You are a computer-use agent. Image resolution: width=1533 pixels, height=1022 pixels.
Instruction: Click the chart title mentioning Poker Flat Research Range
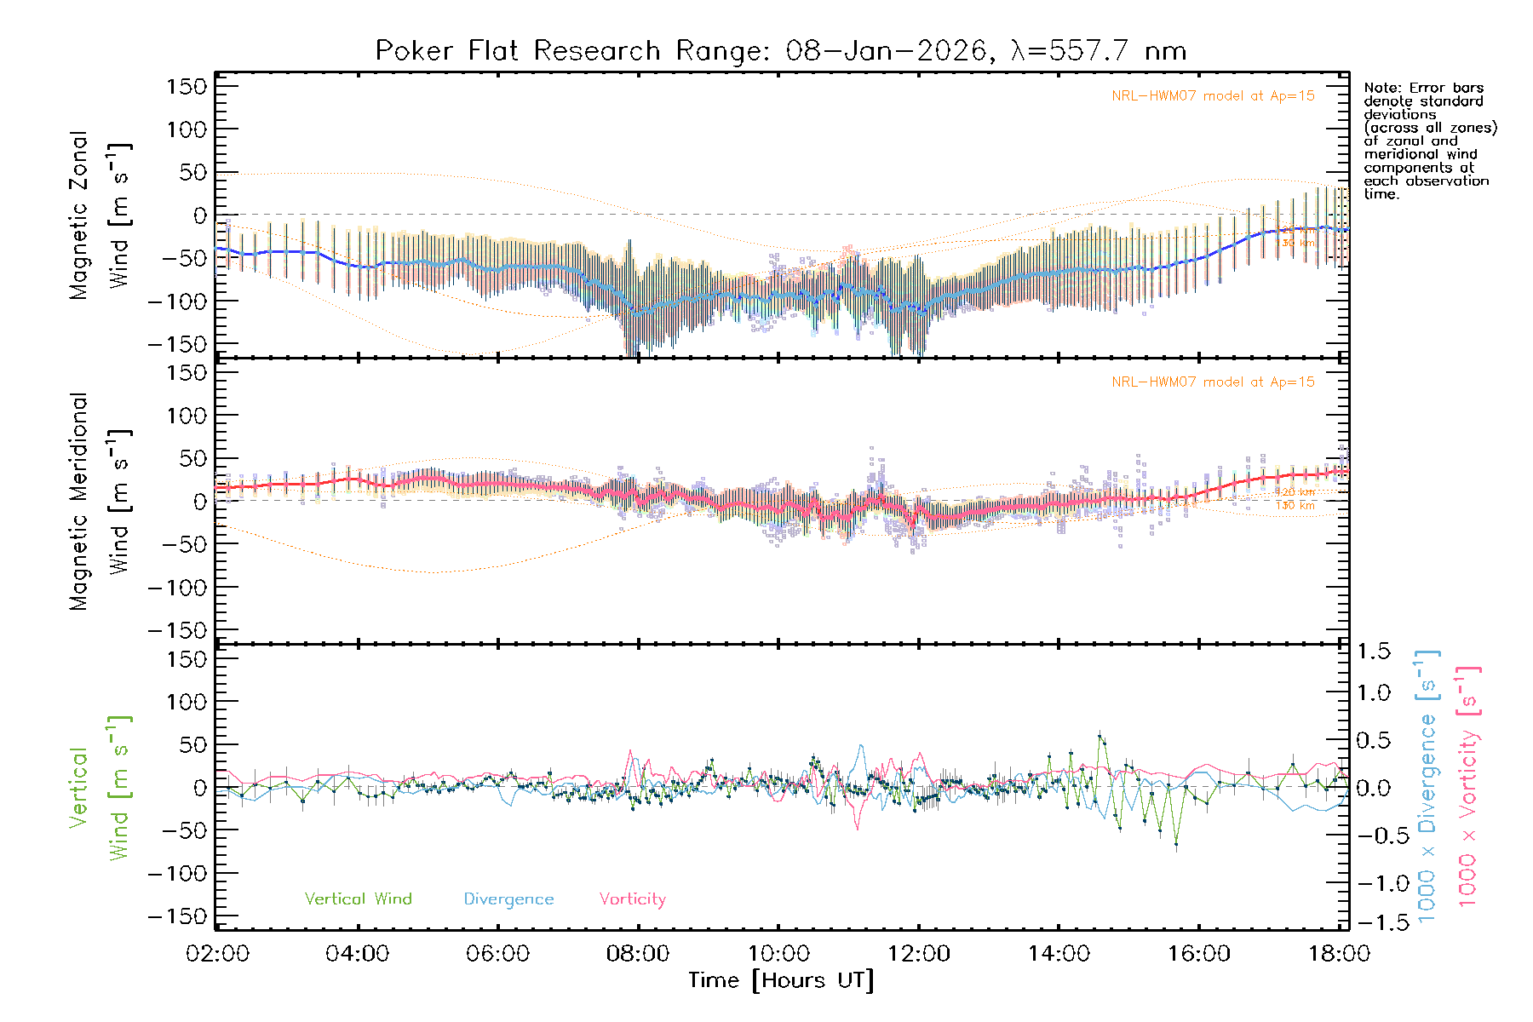(781, 51)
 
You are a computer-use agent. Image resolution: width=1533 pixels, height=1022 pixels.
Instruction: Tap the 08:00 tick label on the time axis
(638, 954)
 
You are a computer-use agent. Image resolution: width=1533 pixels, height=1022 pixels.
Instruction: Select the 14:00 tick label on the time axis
(1059, 954)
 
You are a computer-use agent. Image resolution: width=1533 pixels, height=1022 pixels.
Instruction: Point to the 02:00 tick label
(218, 954)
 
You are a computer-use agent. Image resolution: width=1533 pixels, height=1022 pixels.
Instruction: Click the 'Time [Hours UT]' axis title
(781, 980)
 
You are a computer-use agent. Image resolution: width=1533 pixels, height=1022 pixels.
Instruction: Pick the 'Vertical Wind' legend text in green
(358, 899)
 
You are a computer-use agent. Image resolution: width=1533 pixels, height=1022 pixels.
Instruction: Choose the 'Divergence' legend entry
(508, 899)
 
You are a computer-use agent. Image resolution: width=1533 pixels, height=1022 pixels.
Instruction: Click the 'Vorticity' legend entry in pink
(632, 899)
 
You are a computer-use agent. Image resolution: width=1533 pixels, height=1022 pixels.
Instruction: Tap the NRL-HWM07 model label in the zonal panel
(1213, 96)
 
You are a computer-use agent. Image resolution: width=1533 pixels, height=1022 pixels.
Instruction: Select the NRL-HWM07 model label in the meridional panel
(1213, 382)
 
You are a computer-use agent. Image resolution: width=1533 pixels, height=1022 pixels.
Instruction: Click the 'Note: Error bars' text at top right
(1423, 89)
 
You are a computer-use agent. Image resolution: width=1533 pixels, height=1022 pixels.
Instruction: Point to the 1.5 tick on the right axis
(1374, 652)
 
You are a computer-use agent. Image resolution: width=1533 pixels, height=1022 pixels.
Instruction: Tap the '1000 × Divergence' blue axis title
(1427, 786)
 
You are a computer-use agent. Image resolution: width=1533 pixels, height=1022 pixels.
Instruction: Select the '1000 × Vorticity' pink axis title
(1468, 786)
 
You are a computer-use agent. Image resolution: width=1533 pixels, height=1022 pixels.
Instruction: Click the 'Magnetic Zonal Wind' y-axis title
(99, 215)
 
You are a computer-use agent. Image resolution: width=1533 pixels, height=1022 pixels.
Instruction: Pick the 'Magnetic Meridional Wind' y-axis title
(99, 502)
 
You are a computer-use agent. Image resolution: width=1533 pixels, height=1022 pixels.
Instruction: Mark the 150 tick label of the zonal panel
(187, 87)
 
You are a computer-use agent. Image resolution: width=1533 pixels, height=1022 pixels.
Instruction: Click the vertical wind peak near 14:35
(1100, 734)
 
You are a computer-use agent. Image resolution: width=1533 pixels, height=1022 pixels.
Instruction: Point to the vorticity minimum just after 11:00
(857, 828)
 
